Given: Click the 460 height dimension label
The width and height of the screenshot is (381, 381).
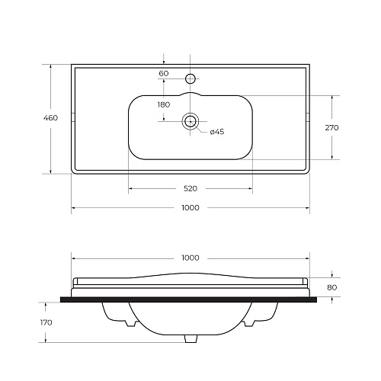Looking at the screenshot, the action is pos(50,118).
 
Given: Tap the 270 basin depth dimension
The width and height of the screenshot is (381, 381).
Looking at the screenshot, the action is pos(332,127).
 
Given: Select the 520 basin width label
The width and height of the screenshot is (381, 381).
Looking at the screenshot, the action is pos(190,189).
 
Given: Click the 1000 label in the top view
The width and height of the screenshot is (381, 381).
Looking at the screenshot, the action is pos(190,208).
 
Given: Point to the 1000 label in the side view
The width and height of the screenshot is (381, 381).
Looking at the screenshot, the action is pos(190,258).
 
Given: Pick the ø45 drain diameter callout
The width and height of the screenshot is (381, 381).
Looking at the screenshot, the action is pos(217,132).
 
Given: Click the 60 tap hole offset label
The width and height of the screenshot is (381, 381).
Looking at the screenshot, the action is pos(164,73).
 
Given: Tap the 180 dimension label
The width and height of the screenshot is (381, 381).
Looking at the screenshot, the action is pos(164,104).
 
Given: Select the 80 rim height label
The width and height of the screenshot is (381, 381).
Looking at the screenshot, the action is pos(332,287).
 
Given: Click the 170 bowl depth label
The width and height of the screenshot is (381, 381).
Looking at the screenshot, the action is pos(46,322).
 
